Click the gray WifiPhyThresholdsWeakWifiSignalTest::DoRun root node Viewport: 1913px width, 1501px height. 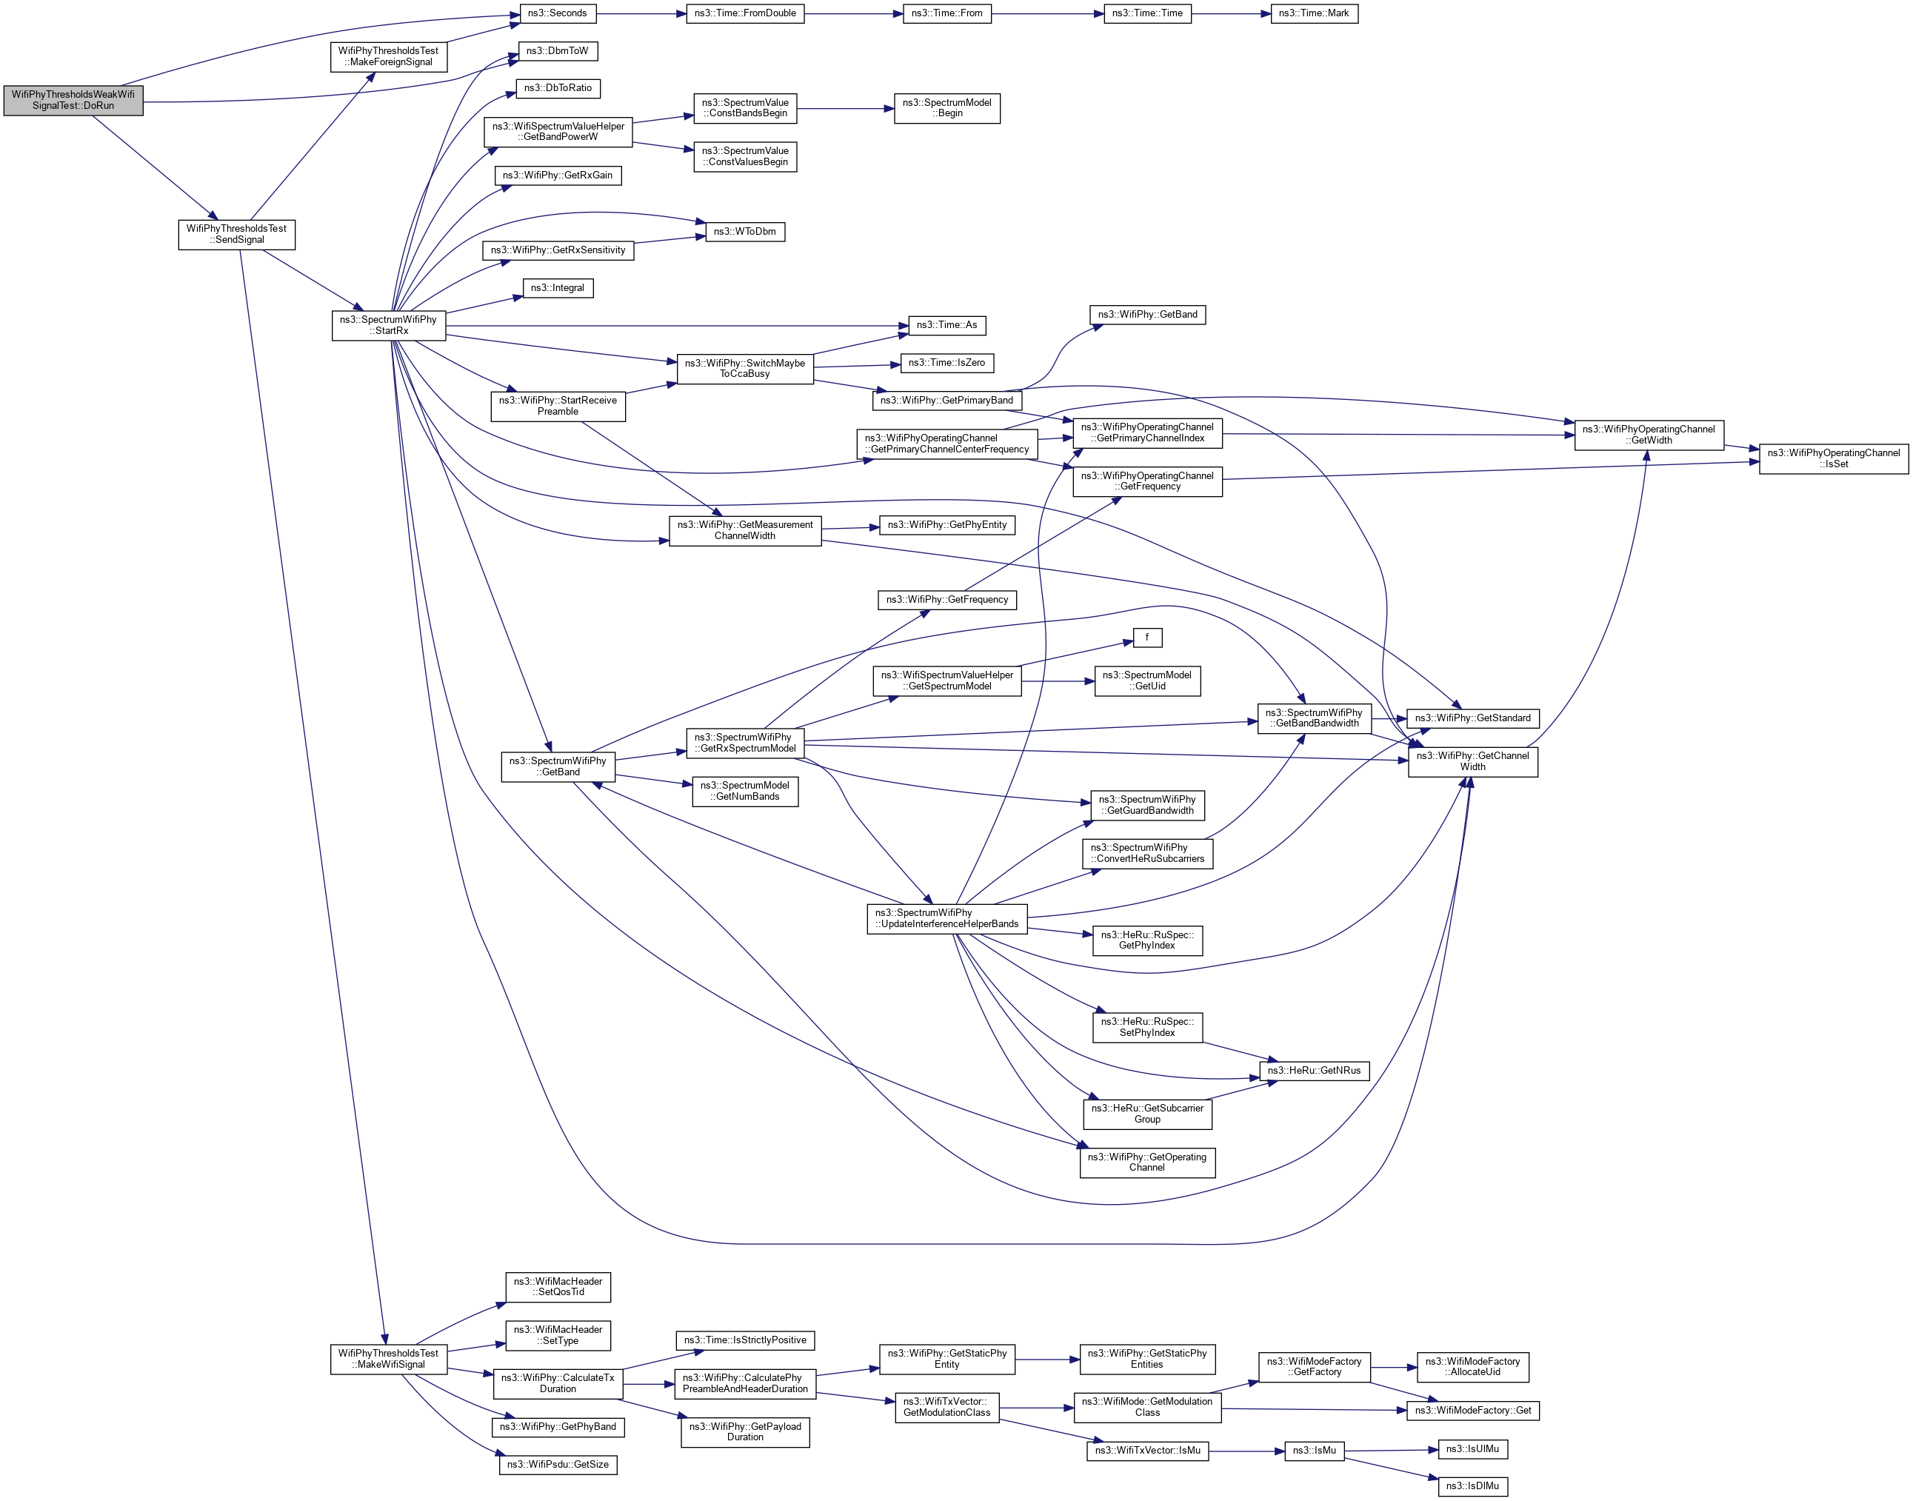tap(73, 100)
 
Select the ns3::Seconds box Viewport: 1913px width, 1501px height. tap(557, 13)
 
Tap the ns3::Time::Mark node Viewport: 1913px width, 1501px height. tap(1314, 13)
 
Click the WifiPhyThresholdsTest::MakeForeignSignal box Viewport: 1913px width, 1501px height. tap(388, 56)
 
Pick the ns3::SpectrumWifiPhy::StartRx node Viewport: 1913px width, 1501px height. tap(388, 325)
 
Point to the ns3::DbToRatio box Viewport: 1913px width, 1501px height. tap(558, 88)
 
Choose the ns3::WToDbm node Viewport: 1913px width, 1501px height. tap(745, 231)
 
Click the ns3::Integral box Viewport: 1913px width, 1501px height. tap(558, 287)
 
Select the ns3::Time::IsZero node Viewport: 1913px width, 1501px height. tap(947, 362)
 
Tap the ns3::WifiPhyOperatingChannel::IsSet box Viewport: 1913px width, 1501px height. tap(1833, 458)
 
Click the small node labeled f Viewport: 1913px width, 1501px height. tap(1146, 637)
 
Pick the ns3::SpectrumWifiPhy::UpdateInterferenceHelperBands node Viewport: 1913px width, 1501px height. tap(947, 918)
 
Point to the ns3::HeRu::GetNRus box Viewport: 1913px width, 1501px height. tap(1315, 1070)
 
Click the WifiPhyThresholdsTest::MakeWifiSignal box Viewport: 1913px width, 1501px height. tap(388, 1359)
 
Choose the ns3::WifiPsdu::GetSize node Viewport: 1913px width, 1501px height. tap(558, 1465)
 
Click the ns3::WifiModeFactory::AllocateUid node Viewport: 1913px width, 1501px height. tap(1473, 1366)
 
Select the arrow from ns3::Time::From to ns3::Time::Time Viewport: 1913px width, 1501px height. tap(1046, 13)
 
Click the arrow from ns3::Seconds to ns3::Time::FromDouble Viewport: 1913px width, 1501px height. tap(641, 13)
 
